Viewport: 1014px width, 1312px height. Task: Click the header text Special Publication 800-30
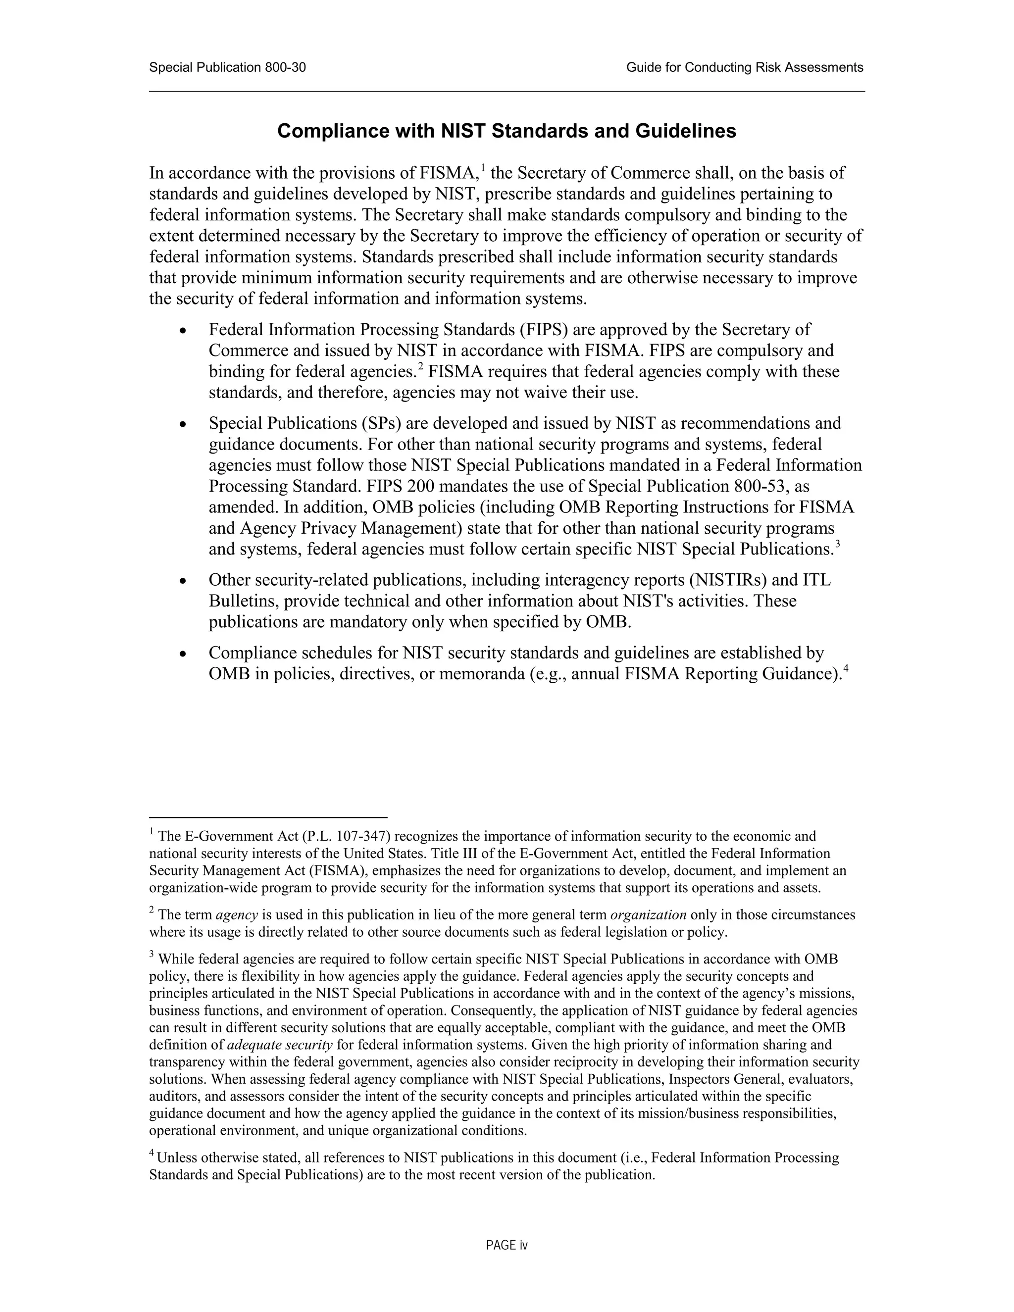227,67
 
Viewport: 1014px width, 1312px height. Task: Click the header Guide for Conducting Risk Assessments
744,67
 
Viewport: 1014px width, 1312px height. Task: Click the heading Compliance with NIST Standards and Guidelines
507,131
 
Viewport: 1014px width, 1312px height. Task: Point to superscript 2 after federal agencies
421,366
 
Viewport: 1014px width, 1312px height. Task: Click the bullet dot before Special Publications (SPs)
183,425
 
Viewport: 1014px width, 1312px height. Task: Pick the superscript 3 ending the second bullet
837,544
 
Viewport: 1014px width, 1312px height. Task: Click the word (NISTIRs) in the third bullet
728,580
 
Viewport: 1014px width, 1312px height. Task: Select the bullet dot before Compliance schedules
183,654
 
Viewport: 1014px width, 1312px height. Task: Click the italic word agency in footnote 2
237,915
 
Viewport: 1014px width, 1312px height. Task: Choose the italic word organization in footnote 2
648,915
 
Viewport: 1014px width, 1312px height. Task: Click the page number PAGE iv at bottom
507,1245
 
